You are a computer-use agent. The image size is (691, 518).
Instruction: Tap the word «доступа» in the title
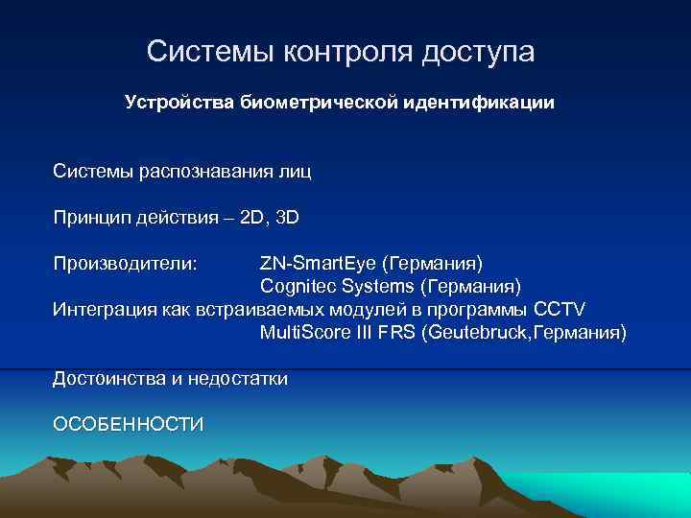[476, 52]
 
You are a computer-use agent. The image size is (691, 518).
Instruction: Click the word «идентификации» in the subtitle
[477, 102]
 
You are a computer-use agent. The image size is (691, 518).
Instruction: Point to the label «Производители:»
[126, 263]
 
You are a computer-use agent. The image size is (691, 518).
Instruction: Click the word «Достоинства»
[110, 379]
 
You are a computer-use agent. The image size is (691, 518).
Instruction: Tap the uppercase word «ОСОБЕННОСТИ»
[129, 424]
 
